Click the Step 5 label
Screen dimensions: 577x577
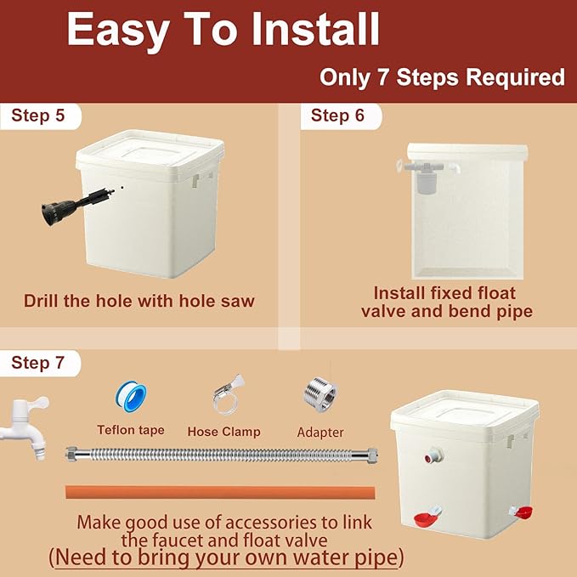pos(38,116)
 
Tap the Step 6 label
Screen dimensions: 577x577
pos(337,116)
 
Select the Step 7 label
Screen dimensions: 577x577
pos(38,363)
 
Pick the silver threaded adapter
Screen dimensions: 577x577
pos(320,394)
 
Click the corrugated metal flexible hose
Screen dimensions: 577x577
pos(222,455)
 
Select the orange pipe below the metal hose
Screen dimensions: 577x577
pos(220,492)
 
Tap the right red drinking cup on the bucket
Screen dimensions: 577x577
pos(521,512)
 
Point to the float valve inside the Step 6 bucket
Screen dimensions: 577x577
pos(427,175)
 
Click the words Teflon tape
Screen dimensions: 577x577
pos(131,430)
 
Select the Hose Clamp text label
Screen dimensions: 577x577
pos(223,432)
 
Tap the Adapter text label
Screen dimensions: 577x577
pos(320,433)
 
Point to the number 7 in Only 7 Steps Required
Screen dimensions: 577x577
pos(384,77)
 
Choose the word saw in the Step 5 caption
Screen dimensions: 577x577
pos(237,301)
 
